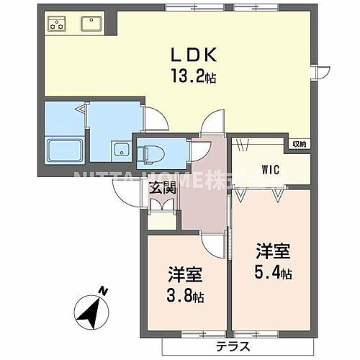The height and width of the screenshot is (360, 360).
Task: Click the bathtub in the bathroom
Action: pyautogui.click(x=65, y=151)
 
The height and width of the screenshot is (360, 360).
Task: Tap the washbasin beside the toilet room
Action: pyautogui.click(x=120, y=152)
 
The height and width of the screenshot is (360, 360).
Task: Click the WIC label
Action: pyautogui.click(x=270, y=171)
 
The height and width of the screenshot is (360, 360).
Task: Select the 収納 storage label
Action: pyautogui.click(x=299, y=144)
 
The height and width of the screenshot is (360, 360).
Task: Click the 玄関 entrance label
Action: pyautogui.click(x=163, y=189)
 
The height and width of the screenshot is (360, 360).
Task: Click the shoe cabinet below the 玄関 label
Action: pyautogui.click(x=163, y=204)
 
